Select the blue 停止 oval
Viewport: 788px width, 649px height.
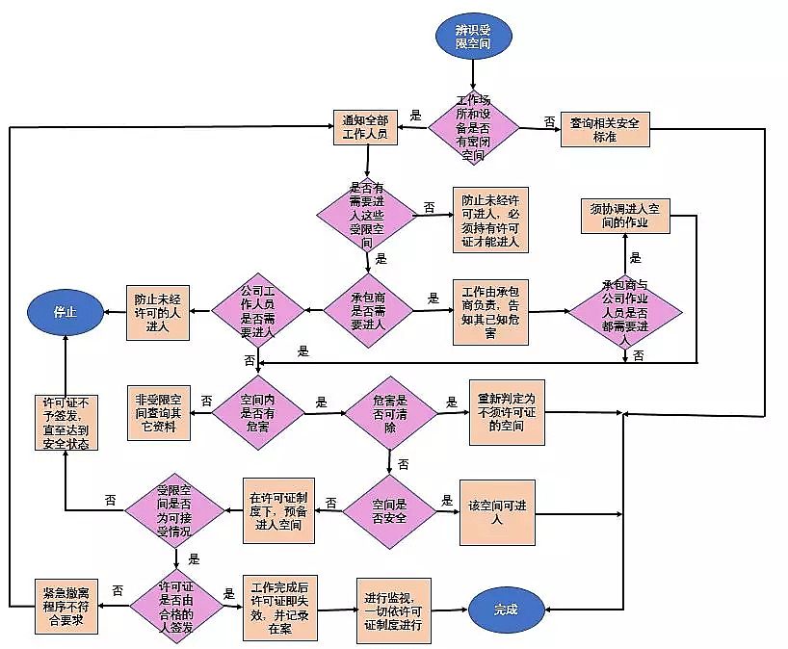pyautogui.click(x=65, y=311)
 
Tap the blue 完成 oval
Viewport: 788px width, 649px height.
pyautogui.click(x=505, y=610)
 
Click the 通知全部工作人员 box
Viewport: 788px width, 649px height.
pyautogui.click(x=365, y=127)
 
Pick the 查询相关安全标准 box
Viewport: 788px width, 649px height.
pyautogui.click(x=605, y=128)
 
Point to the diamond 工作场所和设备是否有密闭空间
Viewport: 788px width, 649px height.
pyautogui.click(x=473, y=127)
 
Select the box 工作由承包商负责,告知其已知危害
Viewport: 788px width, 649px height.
pyautogui.click(x=490, y=311)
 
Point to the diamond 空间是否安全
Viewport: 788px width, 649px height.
pyautogui.click(x=389, y=511)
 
